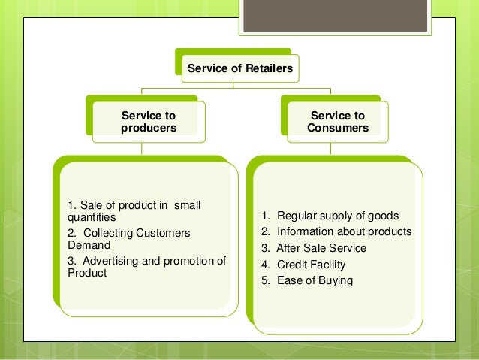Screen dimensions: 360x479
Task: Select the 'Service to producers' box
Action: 149,122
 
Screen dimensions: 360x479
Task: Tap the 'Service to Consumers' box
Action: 338,122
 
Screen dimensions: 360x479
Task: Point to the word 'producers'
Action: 149,128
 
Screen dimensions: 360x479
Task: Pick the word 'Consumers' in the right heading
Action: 338,128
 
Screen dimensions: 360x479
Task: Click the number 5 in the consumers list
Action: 264,281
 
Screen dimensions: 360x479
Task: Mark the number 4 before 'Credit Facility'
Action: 264,265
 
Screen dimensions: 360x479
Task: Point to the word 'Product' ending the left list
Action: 86,273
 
